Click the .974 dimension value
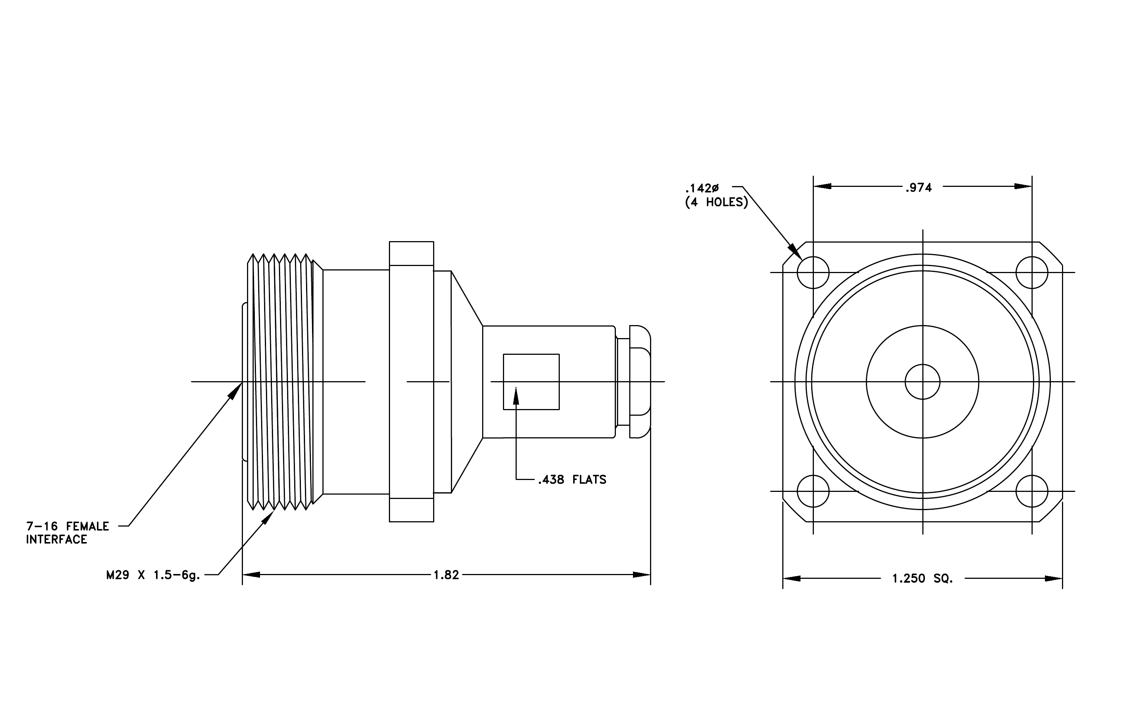(x=919, y=188)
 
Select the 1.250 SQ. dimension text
(x=923, y=578)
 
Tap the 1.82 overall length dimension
(x=446, y=575)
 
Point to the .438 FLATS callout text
(x=572, y=480)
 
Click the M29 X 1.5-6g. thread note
(x=153, y=575)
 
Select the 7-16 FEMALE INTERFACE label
(x=68, y=533)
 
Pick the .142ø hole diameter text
(x=702, y=188)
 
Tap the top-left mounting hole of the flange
(x=813, y=273)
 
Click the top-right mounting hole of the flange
(x=1032, y=273)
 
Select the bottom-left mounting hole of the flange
(x=813, y=492)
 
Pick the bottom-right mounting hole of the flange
(x=1032, y=492)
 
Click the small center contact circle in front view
(x=923, y=382)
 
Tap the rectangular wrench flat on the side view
(x=531, y=382)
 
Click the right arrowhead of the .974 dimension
(x=1023, y=187)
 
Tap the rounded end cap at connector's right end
(x=639, y=382)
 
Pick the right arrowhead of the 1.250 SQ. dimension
(x=1053, y=578)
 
